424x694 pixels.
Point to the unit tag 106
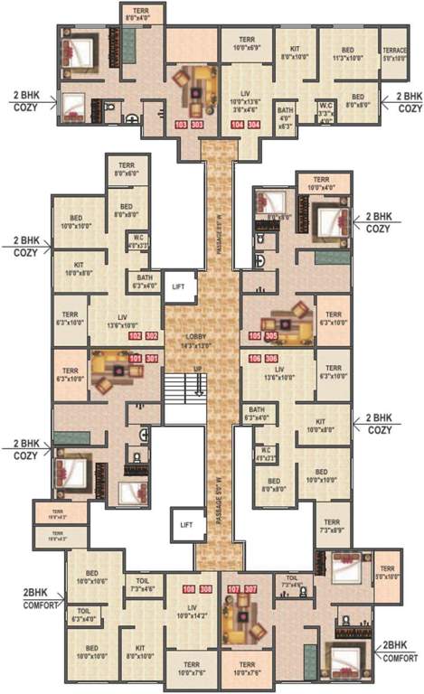[254, 359]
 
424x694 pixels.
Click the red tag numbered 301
[152, 359]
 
